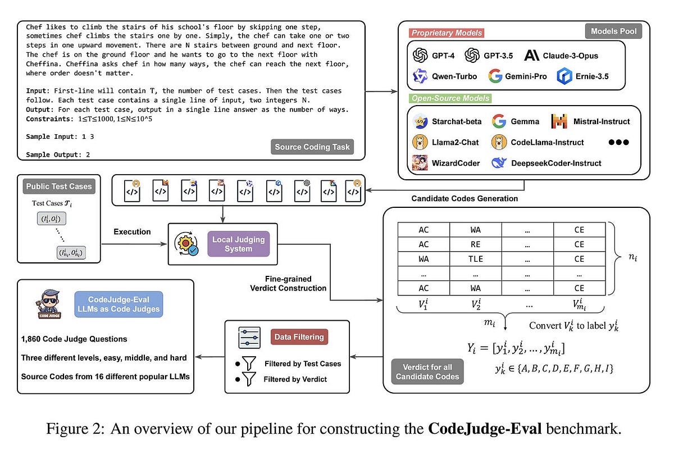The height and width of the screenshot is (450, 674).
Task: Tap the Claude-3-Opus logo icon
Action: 531,55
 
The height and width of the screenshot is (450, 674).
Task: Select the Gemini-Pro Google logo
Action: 495,76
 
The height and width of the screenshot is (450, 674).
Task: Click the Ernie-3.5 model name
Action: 593,76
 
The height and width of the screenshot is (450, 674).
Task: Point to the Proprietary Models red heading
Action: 447,33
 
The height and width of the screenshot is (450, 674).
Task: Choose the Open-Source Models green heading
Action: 450,98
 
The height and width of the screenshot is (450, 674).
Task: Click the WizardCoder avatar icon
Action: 420,163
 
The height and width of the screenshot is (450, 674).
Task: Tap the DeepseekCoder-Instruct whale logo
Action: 499,163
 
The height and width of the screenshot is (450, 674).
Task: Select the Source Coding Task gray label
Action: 312,147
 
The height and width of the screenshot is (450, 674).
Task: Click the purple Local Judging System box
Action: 239,244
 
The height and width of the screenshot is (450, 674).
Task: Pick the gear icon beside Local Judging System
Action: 187,244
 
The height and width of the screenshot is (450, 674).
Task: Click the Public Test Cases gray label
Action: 58,186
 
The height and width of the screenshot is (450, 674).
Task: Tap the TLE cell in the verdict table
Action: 476,259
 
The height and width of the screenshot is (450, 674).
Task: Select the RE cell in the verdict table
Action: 476,244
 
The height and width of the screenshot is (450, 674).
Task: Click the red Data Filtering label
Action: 299,337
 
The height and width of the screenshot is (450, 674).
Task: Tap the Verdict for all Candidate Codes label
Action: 427,371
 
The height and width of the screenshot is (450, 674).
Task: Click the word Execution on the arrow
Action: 132,231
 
